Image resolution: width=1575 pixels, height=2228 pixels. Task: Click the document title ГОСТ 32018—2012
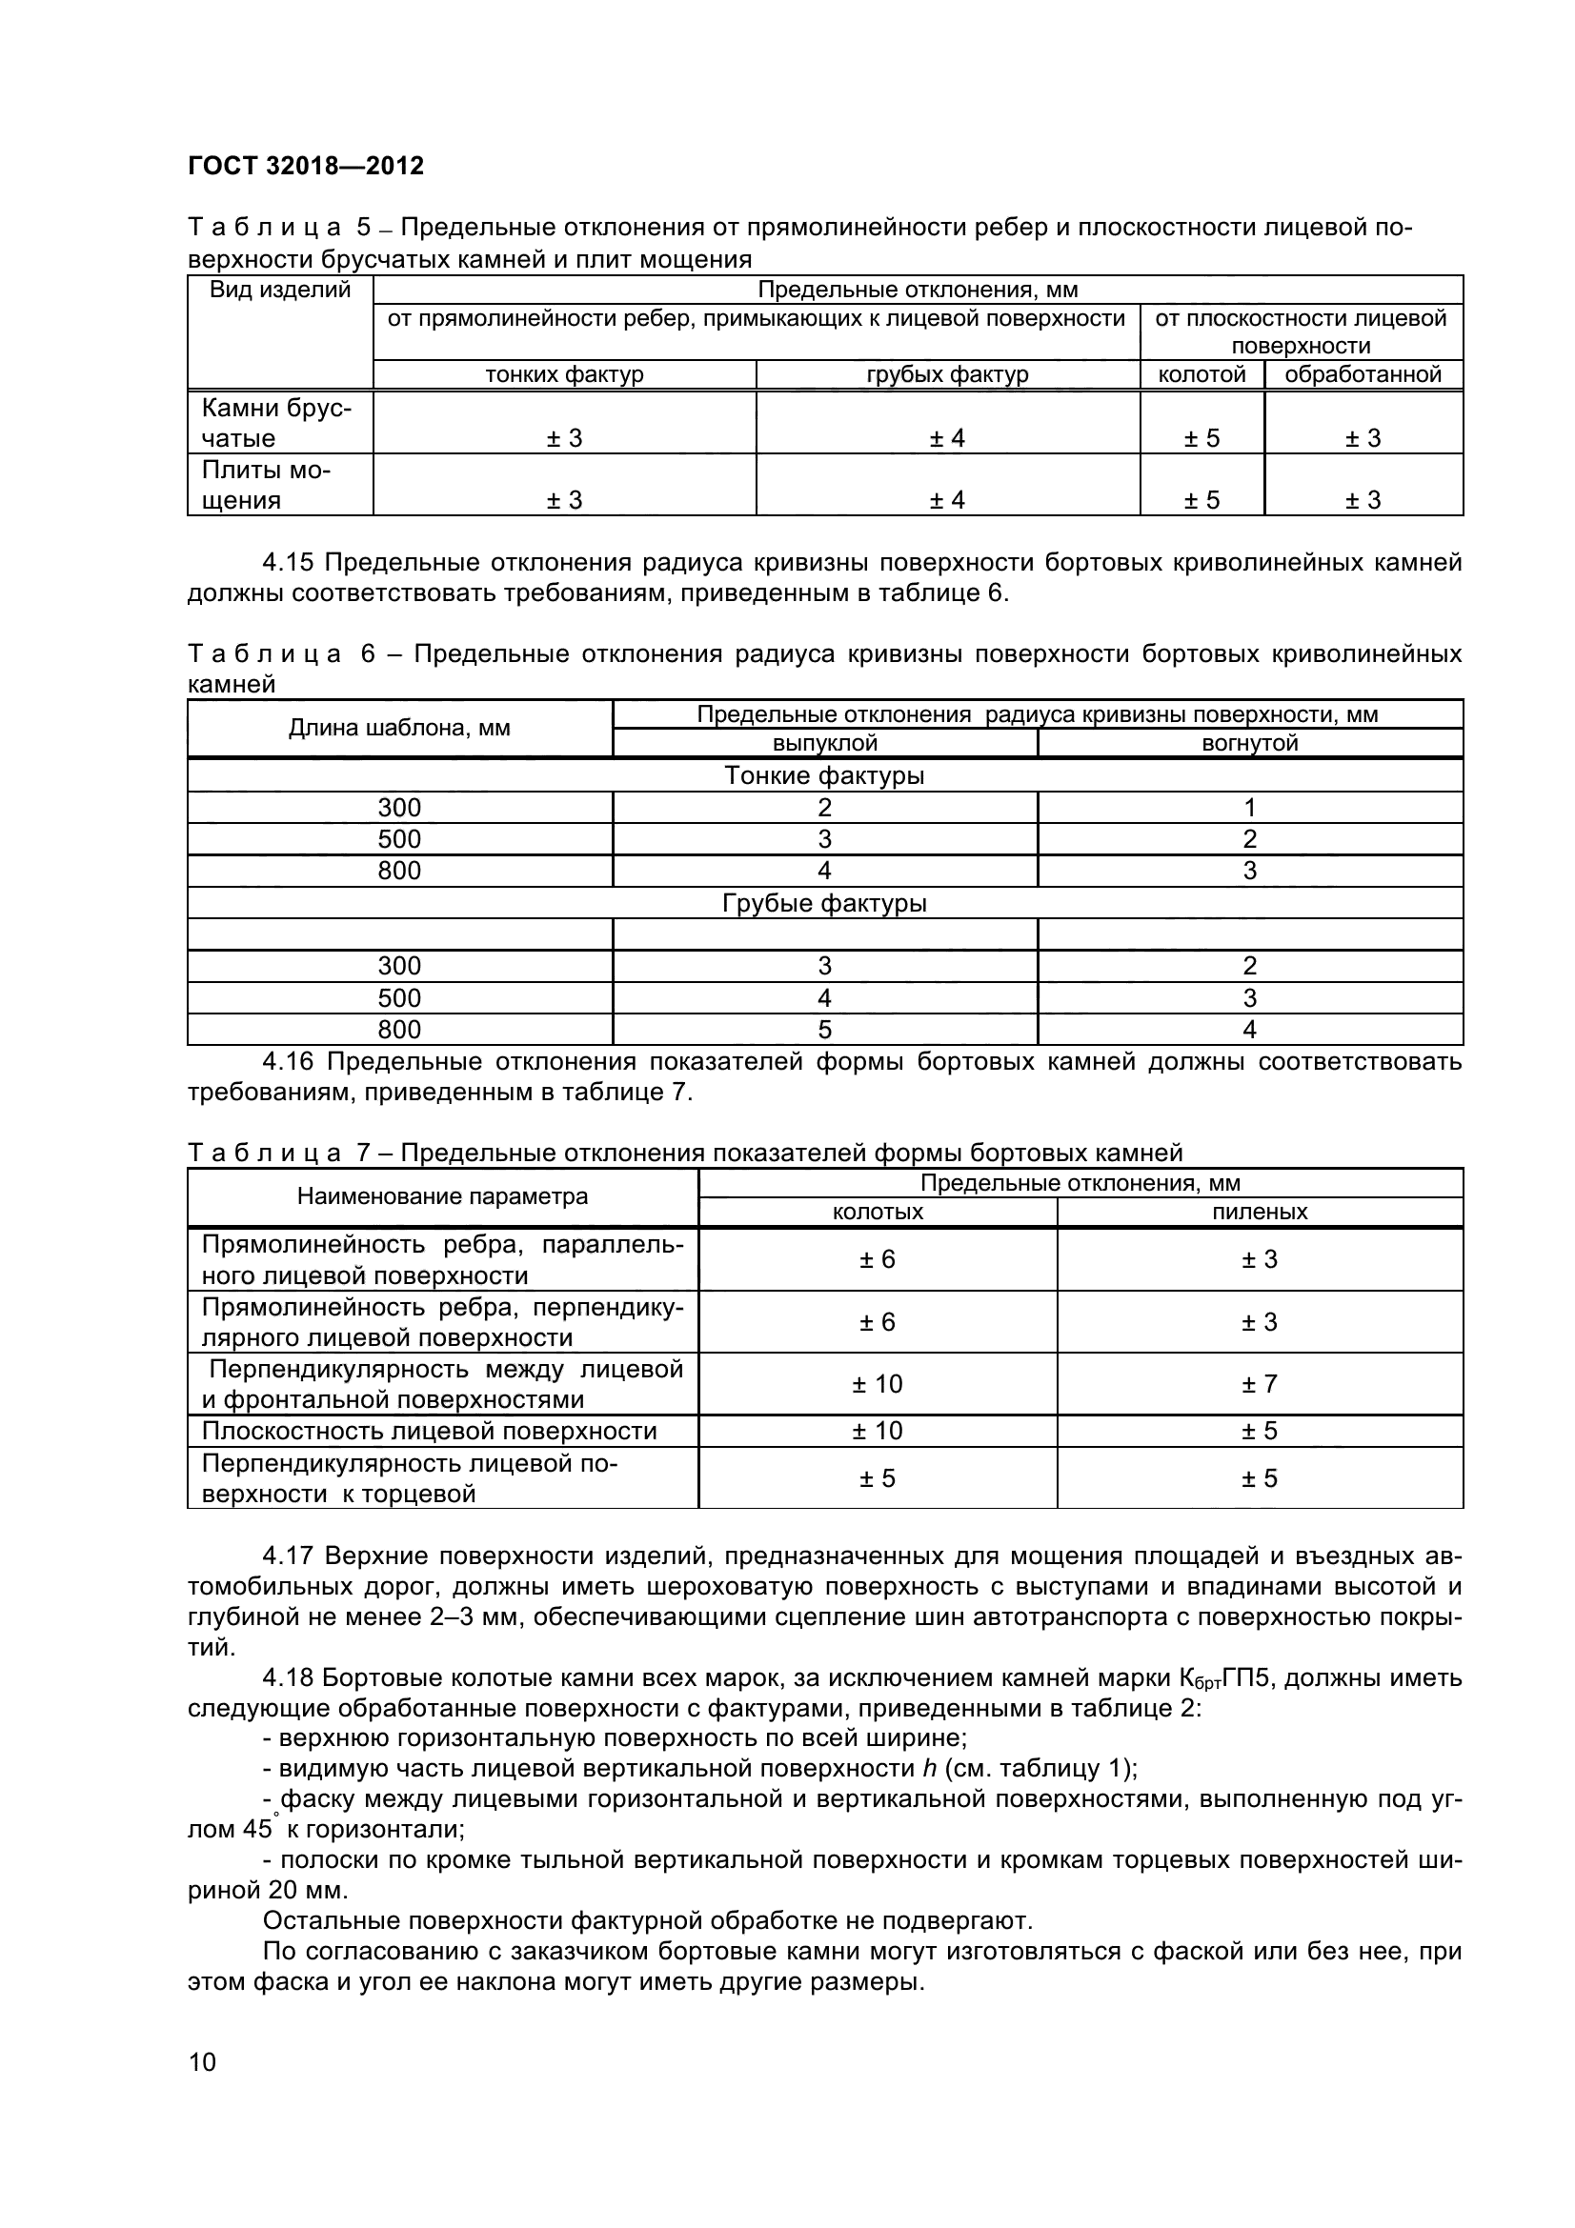click(x=306, y=166)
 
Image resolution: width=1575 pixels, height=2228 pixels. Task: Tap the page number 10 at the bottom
click(x=202, y=2061)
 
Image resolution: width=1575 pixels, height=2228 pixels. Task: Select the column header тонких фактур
click(x=564, y=374)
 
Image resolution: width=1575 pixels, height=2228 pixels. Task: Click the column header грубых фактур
click(x=947, y=374)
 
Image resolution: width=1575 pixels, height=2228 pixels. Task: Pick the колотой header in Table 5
click(x=1201, y=374)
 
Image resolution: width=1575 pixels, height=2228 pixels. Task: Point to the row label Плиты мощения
click(x=266, y=485)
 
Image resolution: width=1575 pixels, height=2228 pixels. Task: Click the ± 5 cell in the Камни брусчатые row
click(x=1201, y=438)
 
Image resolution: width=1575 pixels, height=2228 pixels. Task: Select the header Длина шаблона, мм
click(x=399, y=728)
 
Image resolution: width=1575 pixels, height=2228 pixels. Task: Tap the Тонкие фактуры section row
click(x=824, y=775)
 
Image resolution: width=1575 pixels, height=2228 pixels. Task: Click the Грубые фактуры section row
click(x=824, y=903)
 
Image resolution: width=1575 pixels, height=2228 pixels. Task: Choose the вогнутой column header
click(x=1249, y=743)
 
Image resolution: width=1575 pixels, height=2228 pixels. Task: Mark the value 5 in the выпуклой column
click(x=824, y=1030)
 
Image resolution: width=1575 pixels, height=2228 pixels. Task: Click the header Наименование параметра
click(x=442, y=1196)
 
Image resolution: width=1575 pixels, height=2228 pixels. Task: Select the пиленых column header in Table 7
click(x=1260, y=1212)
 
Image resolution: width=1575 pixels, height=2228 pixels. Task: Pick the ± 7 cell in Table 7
click(x=1260, y=1384)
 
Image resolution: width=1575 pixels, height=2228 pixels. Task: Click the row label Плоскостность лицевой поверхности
click(x=429, y=1432)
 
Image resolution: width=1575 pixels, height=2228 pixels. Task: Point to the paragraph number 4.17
click(x=288, y=1556)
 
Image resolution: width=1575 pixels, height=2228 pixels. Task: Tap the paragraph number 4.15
click(x=288, y=563)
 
